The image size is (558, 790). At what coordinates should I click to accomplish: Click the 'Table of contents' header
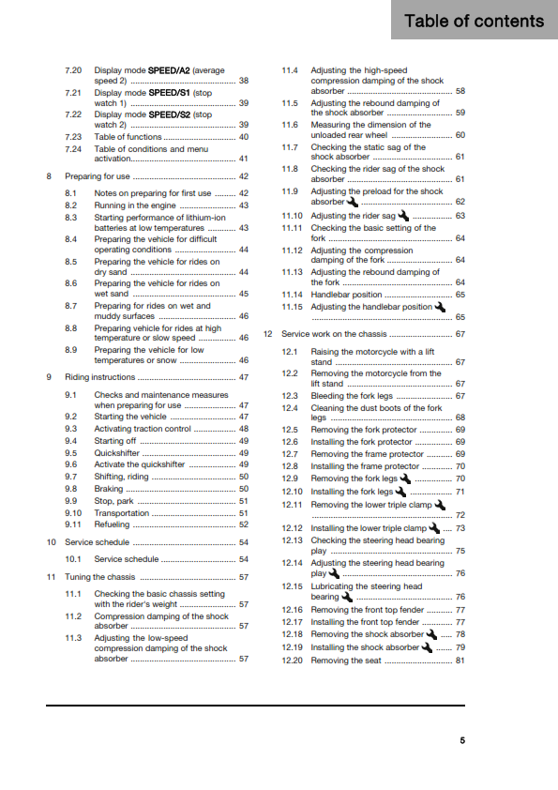click(x=474, y=21)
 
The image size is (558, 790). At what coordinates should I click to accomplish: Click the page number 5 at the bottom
click(x=461, y=740)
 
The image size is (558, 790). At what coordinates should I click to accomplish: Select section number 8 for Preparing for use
click(x=49, y=176)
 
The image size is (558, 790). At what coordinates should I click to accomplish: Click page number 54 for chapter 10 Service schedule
click(x=244, y=542)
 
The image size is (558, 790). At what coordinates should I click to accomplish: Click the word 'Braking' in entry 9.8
click(x=108, y=489)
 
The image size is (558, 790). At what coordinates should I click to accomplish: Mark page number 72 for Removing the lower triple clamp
click(x=460, y=515)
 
